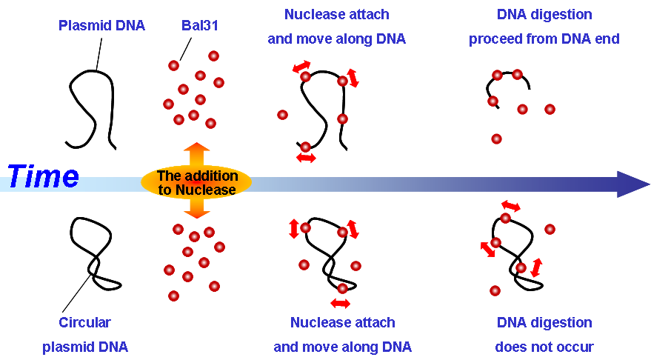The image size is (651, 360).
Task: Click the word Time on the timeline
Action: point(43,176)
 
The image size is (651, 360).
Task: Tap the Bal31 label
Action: point(200,25)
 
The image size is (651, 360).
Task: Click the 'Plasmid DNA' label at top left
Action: point(101,25)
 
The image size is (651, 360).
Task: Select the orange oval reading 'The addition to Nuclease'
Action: point(196,182)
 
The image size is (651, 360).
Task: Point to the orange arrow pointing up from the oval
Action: point(197,155)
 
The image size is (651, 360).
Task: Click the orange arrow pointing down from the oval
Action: point(197,208)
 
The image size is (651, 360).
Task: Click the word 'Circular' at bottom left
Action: point(84,322)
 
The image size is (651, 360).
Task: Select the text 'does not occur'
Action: point(544,347)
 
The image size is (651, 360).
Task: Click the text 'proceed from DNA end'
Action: point(544,39)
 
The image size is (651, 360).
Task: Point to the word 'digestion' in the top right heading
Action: point(558,15)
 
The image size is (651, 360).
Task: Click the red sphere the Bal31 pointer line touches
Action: point(173,66)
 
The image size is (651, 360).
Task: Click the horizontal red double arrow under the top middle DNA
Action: point(306,158)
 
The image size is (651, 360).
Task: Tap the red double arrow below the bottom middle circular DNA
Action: point(341,304)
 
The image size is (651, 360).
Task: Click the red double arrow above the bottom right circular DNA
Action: point(511,205)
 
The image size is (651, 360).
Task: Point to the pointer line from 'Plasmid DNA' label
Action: point(99,54)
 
